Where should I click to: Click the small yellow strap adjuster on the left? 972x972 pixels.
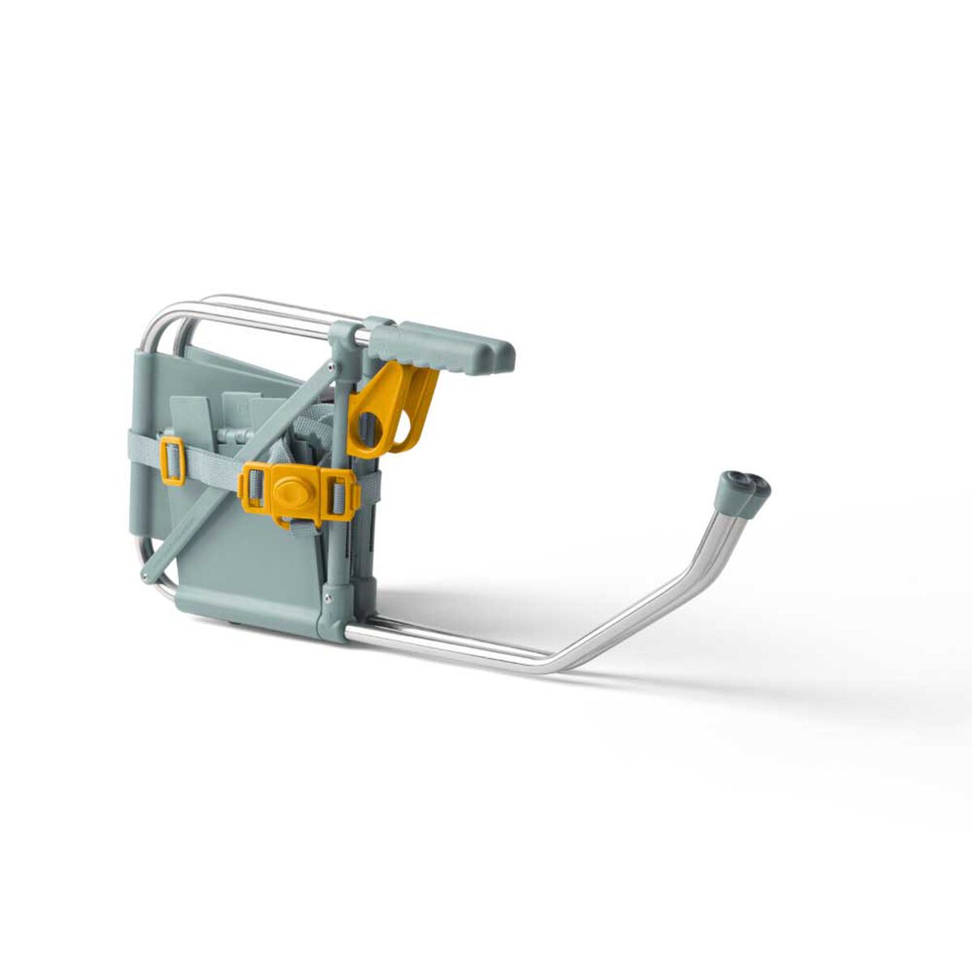(x=173, y=460)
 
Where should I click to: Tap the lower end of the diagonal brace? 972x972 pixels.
(x=151, y=575)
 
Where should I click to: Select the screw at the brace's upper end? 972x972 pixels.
(x=333, y=368)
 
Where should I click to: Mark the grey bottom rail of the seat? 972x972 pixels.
(x=251, y=605)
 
